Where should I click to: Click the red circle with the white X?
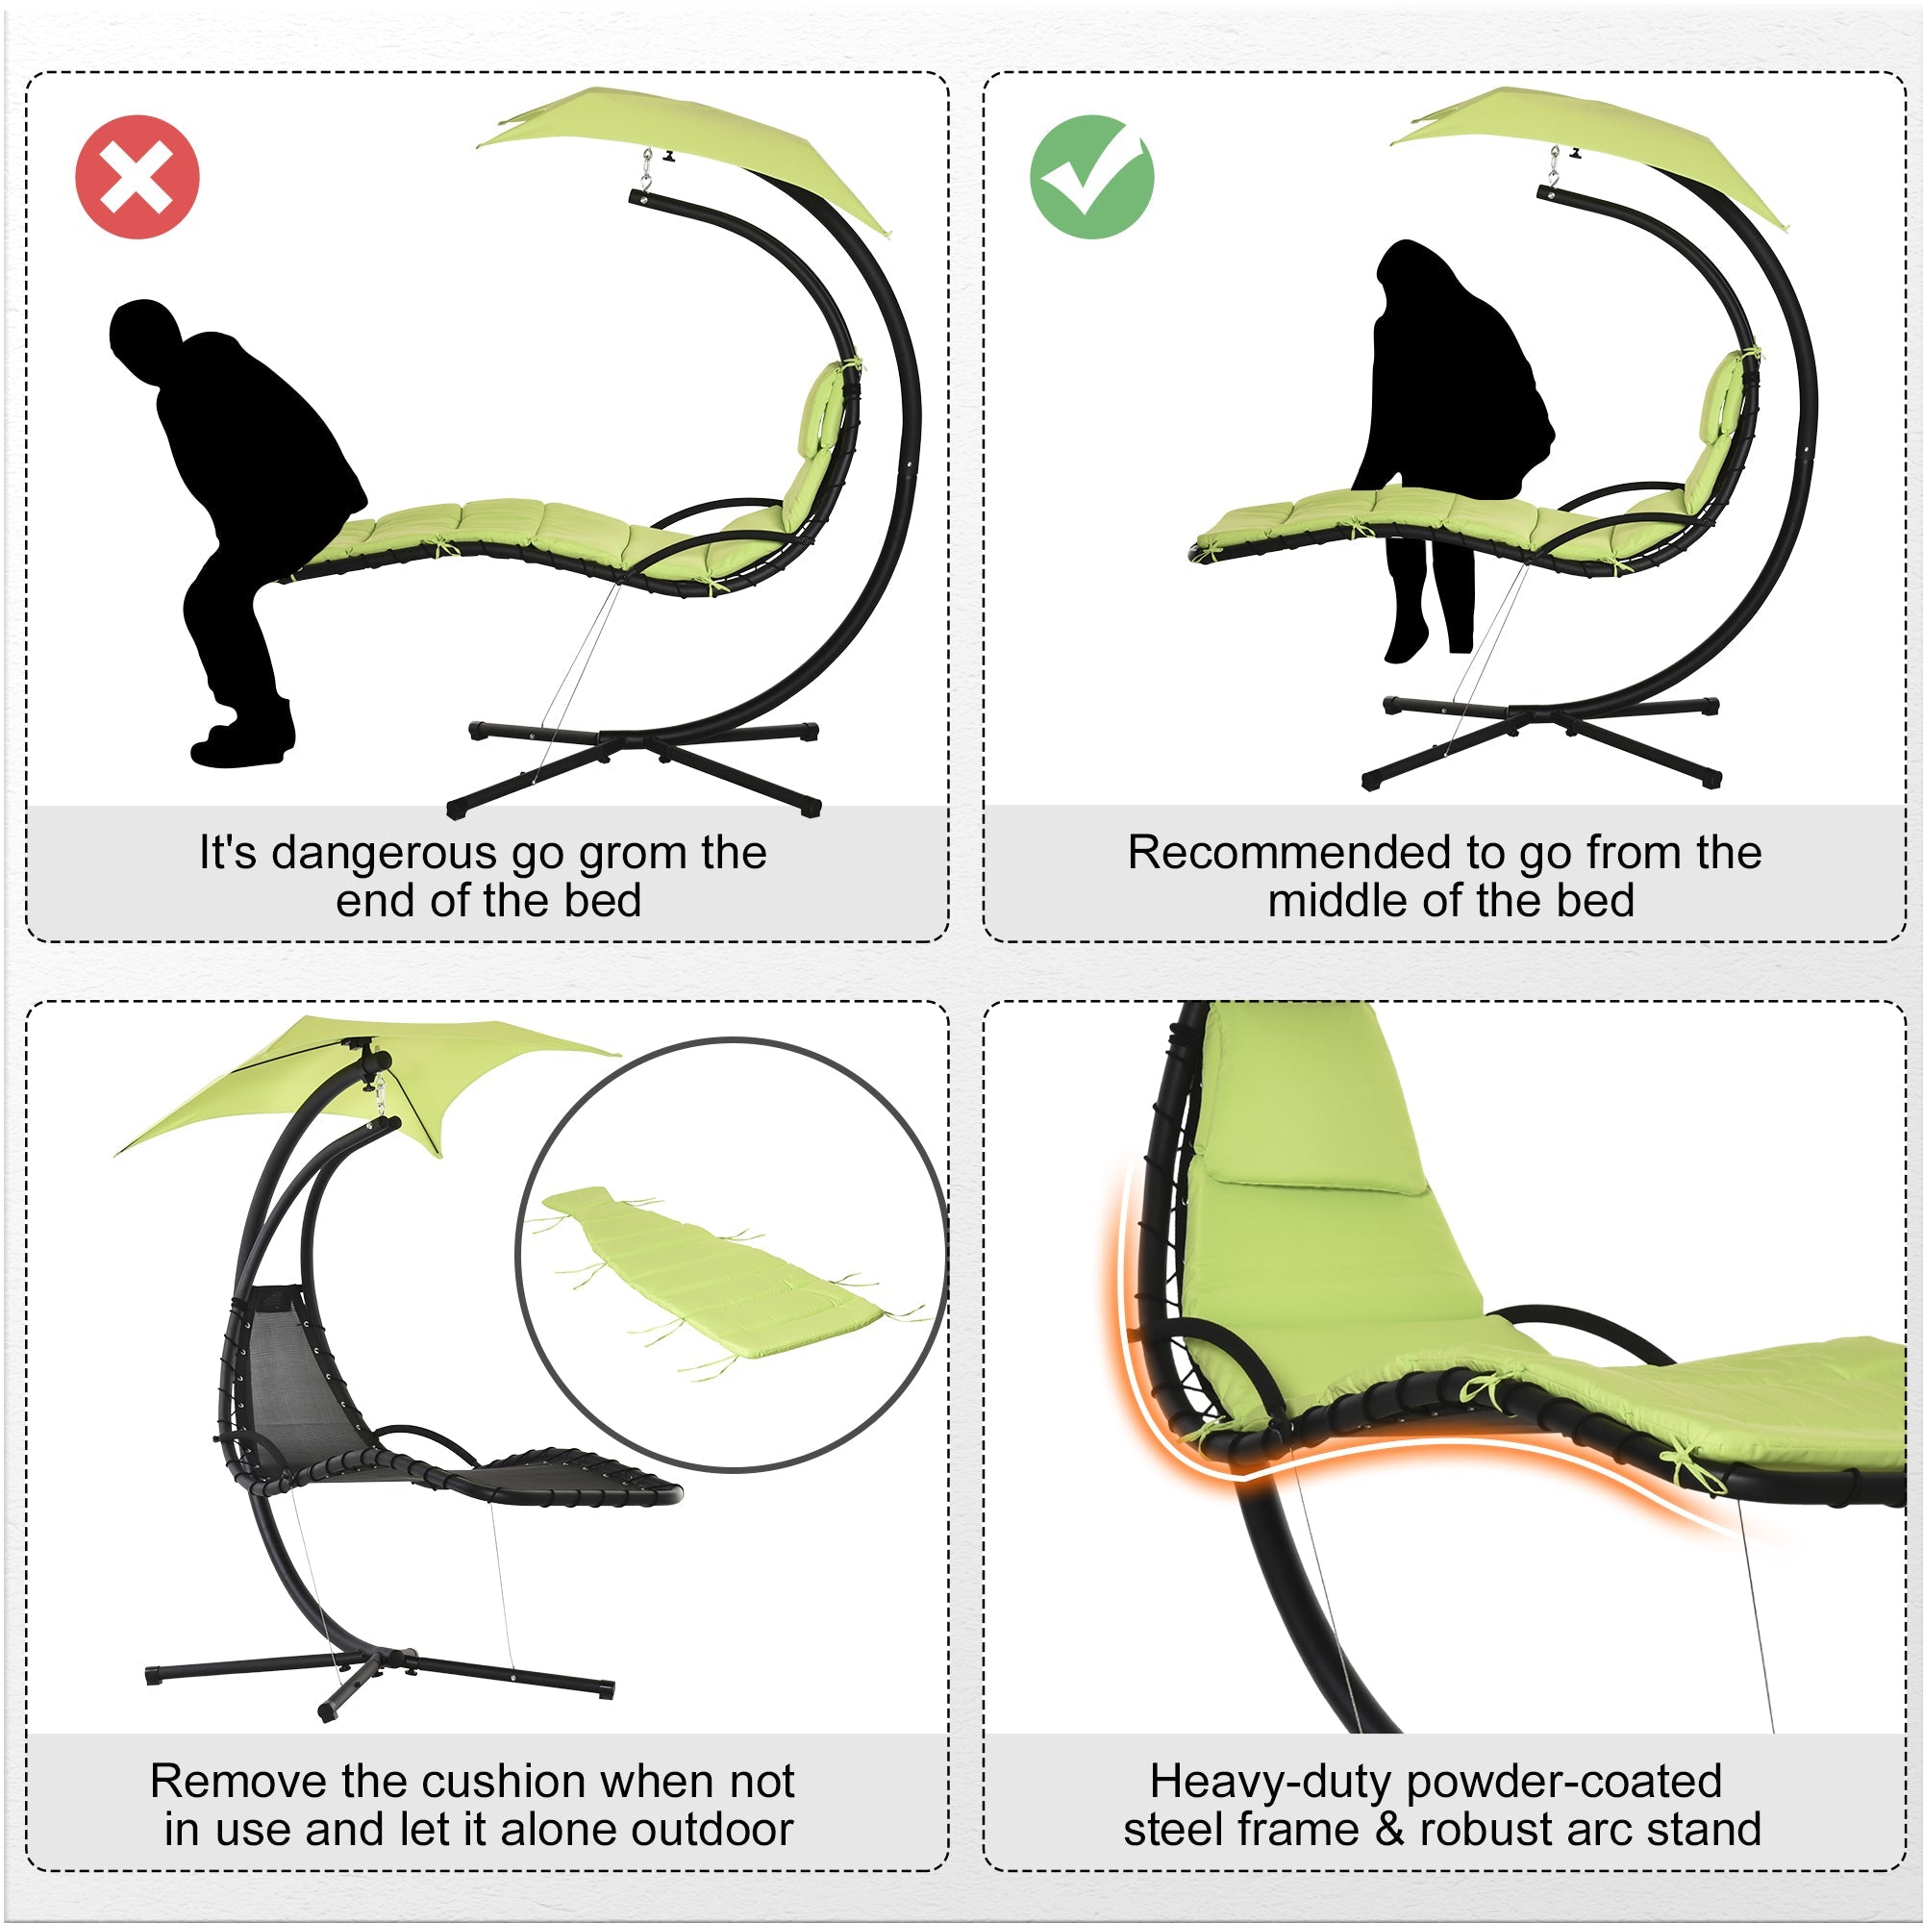137,177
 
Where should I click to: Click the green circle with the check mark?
1092,177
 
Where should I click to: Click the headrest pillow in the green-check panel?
1720,398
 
